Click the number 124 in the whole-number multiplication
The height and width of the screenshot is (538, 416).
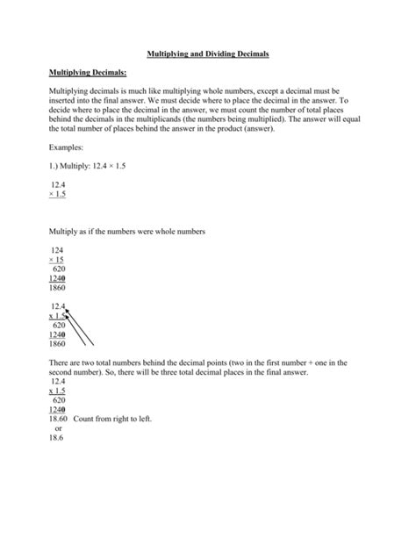coord(58,249)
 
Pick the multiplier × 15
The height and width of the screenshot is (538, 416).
coord(58,260)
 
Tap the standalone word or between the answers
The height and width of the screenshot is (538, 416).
coord(58,431)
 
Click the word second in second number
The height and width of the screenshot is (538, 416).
coord(61,371)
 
